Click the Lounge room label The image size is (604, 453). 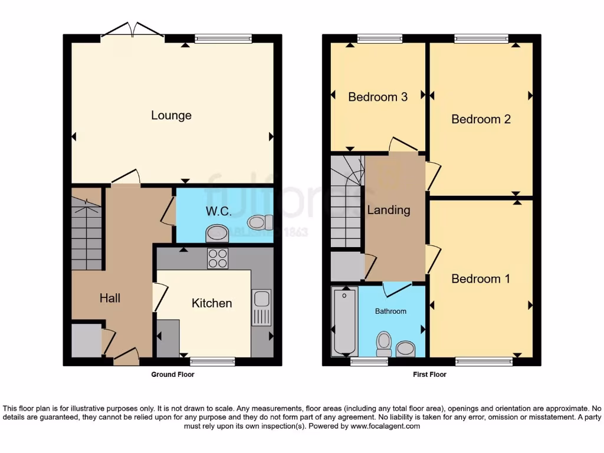(171, 115)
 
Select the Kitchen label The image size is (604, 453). (212, 303)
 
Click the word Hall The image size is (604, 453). (110, 298)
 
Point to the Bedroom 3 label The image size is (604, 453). (377, 97)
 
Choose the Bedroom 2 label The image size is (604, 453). (481, 119)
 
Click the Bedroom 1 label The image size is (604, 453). (481, 278)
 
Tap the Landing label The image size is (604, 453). (389, 210)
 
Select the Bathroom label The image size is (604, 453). (390, 311)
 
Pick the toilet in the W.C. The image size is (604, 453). (260, 222)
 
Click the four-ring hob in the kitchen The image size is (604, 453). (218, 258)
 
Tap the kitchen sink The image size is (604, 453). (261, 307)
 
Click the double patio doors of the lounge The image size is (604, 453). (133, 31)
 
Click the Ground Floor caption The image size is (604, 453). (173, 375)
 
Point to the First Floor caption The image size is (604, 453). (429, 375)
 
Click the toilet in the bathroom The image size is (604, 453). (384, 343)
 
